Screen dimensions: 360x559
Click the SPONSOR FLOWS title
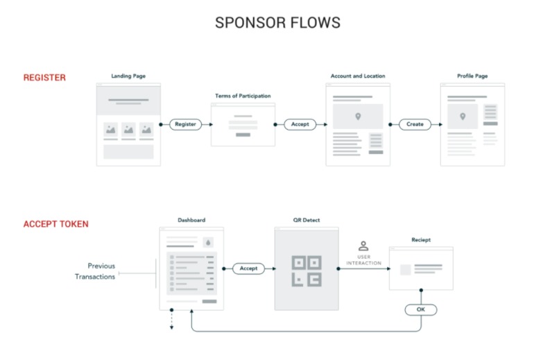(x=277, y=22)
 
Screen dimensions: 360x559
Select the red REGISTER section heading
(x=45, y=78)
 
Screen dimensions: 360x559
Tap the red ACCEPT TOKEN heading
(x=55, y=224)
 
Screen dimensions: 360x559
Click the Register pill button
(x=185, y=124)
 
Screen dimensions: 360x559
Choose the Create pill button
(x=415, y=124)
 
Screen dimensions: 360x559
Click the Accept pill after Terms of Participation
(x=300, y=124)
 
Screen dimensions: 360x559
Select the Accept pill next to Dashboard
(x=248, y=268)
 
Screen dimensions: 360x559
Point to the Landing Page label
(x=128, y=76)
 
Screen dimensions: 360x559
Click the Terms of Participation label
(x=243, y=96)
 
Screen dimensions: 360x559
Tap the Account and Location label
(x=358, y=76)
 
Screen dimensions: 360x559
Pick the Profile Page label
(x=472, y=76)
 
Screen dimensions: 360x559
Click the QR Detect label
(x=306, y=221)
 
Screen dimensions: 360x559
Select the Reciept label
(x=420, y=240)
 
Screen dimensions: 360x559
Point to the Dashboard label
(x=191, y=221)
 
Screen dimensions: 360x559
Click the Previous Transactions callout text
(x=96, y=271)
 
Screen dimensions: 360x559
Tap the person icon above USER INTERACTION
(x=363, y=246)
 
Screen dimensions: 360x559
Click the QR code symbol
(x=306, y=271)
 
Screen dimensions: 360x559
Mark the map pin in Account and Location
(x=358, y=117)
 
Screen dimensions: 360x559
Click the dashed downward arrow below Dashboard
(x=172, y=323)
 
